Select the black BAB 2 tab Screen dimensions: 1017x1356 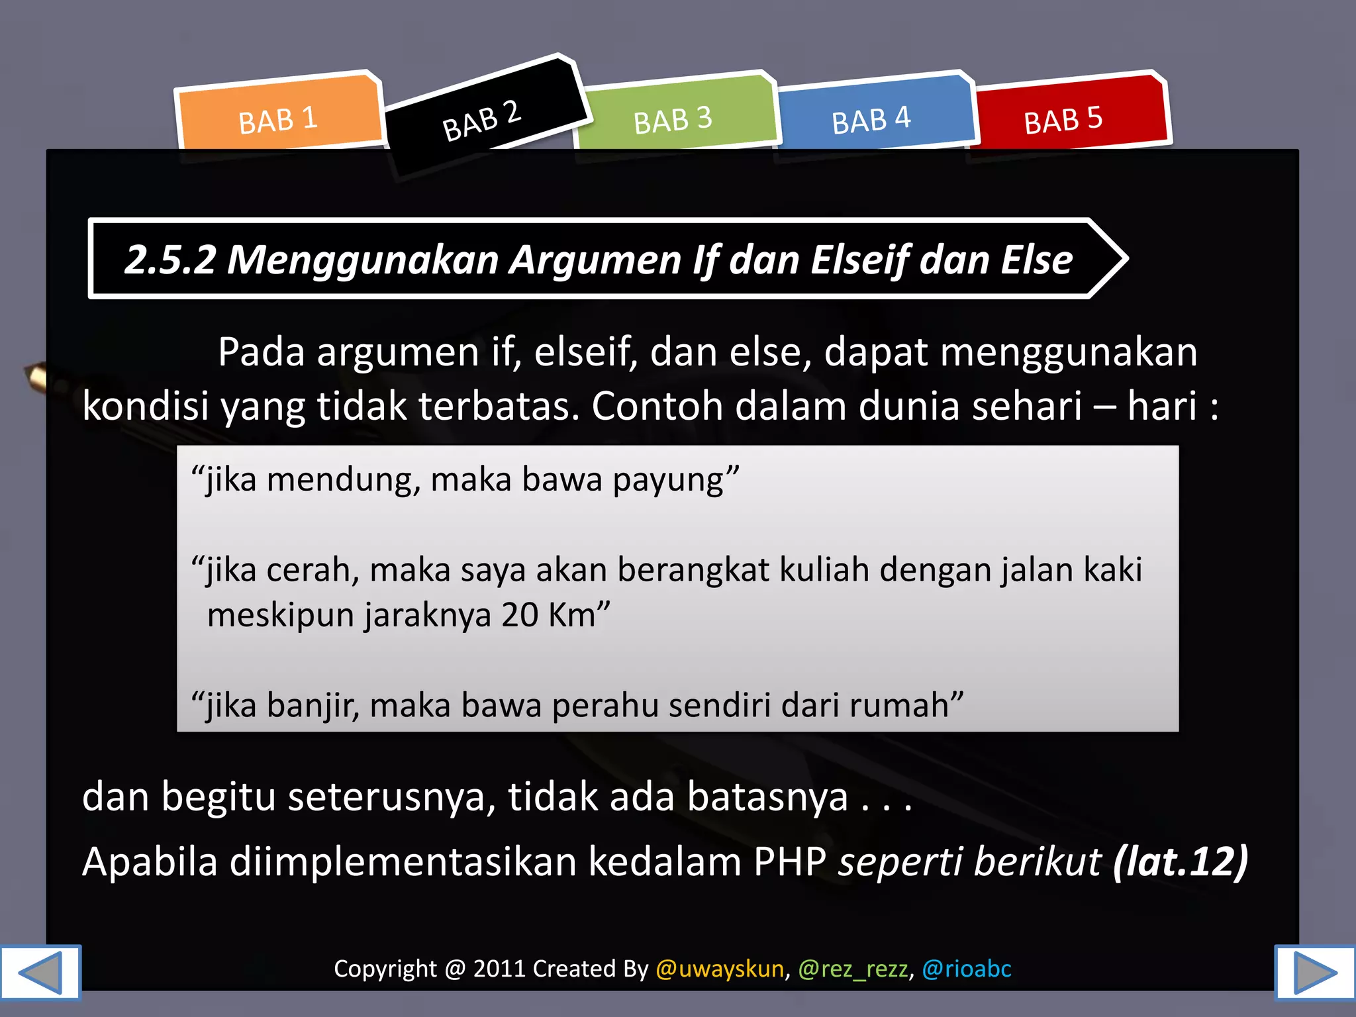482,120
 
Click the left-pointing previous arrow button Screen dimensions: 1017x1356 40,972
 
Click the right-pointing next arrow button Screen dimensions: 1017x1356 1315,972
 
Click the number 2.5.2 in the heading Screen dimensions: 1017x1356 171,259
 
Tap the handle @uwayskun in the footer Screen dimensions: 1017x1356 720,969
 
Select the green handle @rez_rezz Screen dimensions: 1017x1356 853,969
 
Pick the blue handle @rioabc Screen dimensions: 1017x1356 967,969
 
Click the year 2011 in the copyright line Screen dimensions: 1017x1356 500,969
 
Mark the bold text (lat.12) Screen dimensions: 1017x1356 1181,862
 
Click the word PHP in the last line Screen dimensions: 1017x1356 790,862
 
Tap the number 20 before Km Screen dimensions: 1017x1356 520,615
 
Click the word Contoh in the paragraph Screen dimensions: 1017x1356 657,405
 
